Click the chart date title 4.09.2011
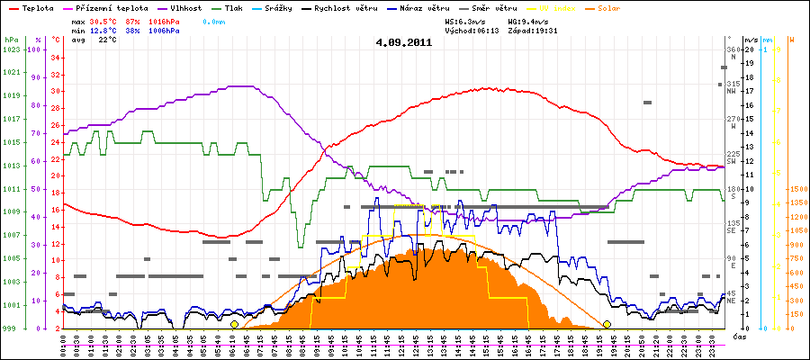(x=404, y=42)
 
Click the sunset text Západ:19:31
(x=532, y=30)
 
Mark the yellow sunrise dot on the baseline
(x=235, y=324)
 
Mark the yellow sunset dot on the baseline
(x=607, y=324)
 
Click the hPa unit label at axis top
(x=11, y=40)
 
